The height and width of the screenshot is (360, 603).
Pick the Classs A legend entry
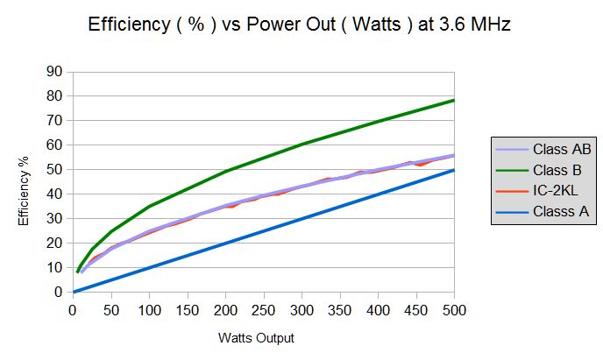tap(553, 210)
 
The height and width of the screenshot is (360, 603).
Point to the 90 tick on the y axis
tap(57, 71)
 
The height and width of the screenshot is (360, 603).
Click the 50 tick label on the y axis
tap(57, 169)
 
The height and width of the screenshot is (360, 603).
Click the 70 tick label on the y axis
tap(57, 120)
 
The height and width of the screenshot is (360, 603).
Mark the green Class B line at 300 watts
tap(301, 144)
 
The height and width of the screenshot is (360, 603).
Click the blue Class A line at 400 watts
tap(378, 194)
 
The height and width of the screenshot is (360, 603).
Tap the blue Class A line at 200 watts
tap(225, 243)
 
